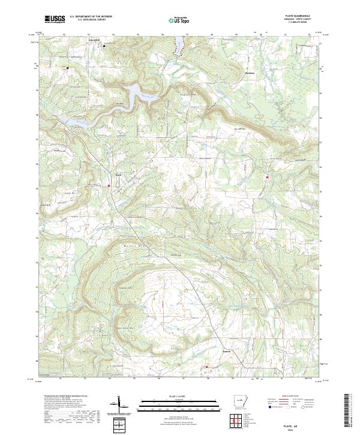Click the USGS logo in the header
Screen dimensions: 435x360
pos(55,19)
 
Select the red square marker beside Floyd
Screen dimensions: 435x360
pos(109,186)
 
